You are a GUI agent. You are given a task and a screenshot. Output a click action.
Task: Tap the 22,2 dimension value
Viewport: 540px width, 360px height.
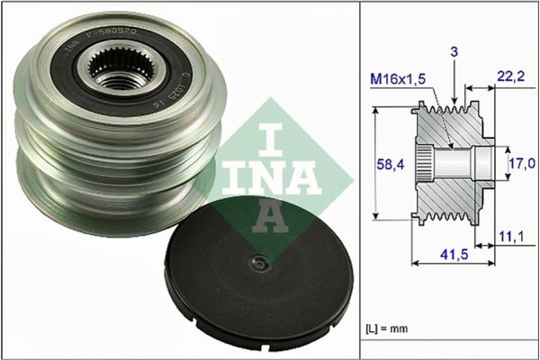[x=511, y=79]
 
